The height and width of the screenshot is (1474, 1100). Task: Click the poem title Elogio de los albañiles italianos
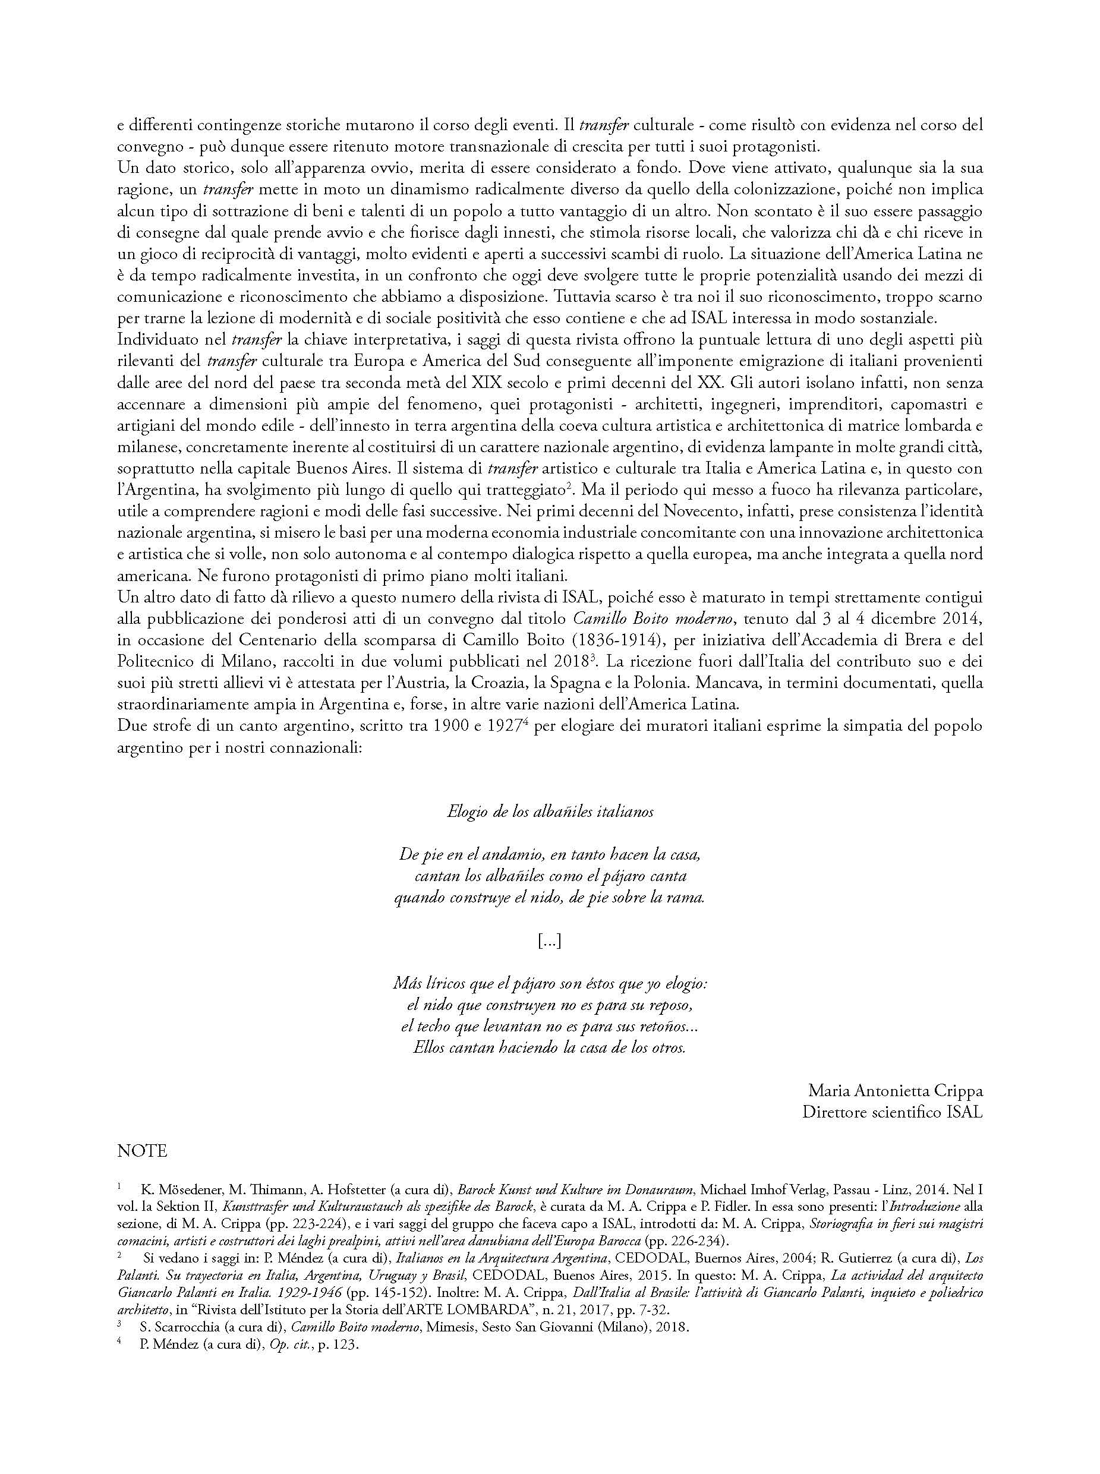(550, 812)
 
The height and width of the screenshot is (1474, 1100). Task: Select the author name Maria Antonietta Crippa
(895, 1091)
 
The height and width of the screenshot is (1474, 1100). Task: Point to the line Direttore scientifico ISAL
(892, 1113)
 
